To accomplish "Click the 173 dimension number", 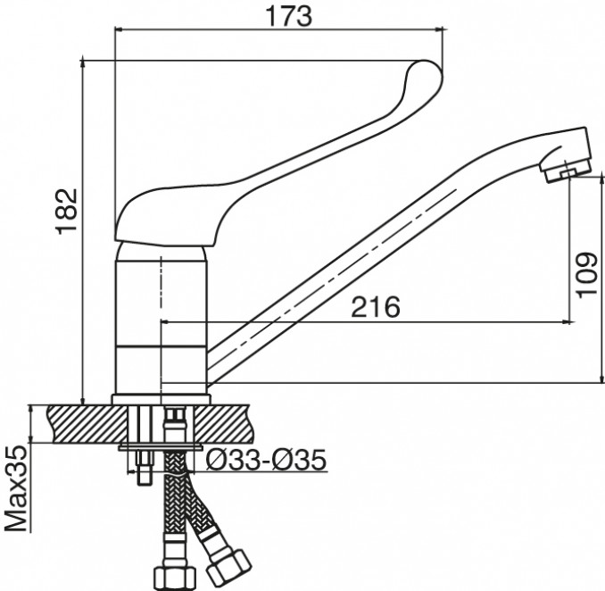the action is (288, 16).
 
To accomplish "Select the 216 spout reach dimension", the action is (376, 307).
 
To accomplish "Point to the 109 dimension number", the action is (587, 275).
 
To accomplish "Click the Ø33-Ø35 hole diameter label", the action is (266, 460).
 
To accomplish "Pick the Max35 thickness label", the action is (17, 489).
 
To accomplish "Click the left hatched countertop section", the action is (87, 423).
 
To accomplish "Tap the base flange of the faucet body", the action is (161, 399).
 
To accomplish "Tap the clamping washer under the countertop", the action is (161, 447).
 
